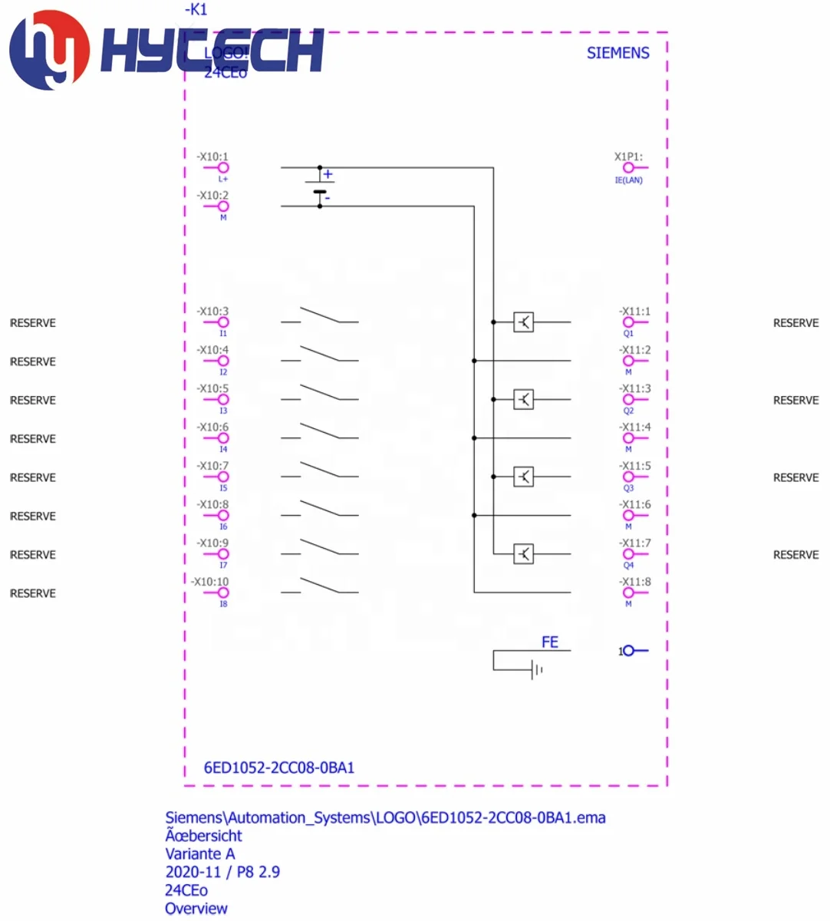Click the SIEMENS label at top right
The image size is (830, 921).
click(x=618, y=53)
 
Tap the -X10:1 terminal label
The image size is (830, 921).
click(x=212, y=157)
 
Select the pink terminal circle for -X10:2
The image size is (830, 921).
click(x=223, y=206)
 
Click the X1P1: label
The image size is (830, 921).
click(x=628, y=157)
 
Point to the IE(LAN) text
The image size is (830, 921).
click(x=628, y=180)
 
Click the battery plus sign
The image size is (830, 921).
click(x=328, y=174)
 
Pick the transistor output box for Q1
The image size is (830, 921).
click(x=523, y=322)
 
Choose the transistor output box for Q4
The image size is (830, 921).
click(x=523, y=553)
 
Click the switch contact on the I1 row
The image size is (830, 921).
click(x=319, y=315)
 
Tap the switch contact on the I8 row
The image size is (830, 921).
click(x=319, y=586)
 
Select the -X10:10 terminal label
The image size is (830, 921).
click(x=209, y=582)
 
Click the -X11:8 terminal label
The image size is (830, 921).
click(x=635, y=582)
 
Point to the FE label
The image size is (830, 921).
click(x=550, y=642)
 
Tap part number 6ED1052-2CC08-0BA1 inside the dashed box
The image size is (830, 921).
click(x=279, y=767)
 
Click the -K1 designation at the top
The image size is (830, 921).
click(x=196, y=10)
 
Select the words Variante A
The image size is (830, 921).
click(x=200, y=853)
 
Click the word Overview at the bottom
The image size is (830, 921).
click(x=196, y=909)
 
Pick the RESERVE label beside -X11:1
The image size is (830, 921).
click(x=795, y=323)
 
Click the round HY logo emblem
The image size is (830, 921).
click(x=48, y=51)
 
